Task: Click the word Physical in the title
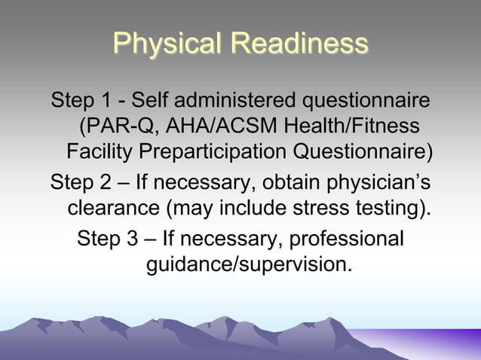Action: click(168, 44)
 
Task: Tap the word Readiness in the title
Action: click(299, 44)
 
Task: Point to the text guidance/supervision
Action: click(248, 266)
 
